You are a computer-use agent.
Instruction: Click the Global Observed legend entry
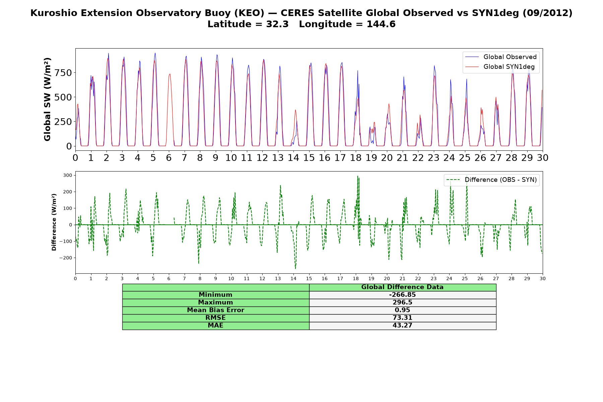point(500,57)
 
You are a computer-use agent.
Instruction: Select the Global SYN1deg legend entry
point(500,67)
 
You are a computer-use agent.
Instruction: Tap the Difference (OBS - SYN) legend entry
point(491,180)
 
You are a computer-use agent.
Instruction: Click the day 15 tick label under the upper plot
point(309,157)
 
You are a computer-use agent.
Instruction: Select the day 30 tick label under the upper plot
point(542,157)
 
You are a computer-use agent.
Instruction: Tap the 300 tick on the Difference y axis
point(68,175)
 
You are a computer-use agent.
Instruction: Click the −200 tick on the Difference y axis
point(66,258)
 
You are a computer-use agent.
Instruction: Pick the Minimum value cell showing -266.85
point(402,295)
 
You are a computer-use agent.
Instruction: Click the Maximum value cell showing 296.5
point(402,303)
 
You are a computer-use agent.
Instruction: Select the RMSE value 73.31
point(402,318)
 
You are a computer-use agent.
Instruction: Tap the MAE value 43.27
point(402,325)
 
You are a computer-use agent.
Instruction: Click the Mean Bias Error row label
point(215,310)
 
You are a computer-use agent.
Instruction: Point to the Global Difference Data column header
point(402,287)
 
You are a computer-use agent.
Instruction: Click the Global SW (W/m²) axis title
point(47,99)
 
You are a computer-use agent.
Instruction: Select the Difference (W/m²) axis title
point(54,222)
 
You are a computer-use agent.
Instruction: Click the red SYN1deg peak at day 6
point(170,74)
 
